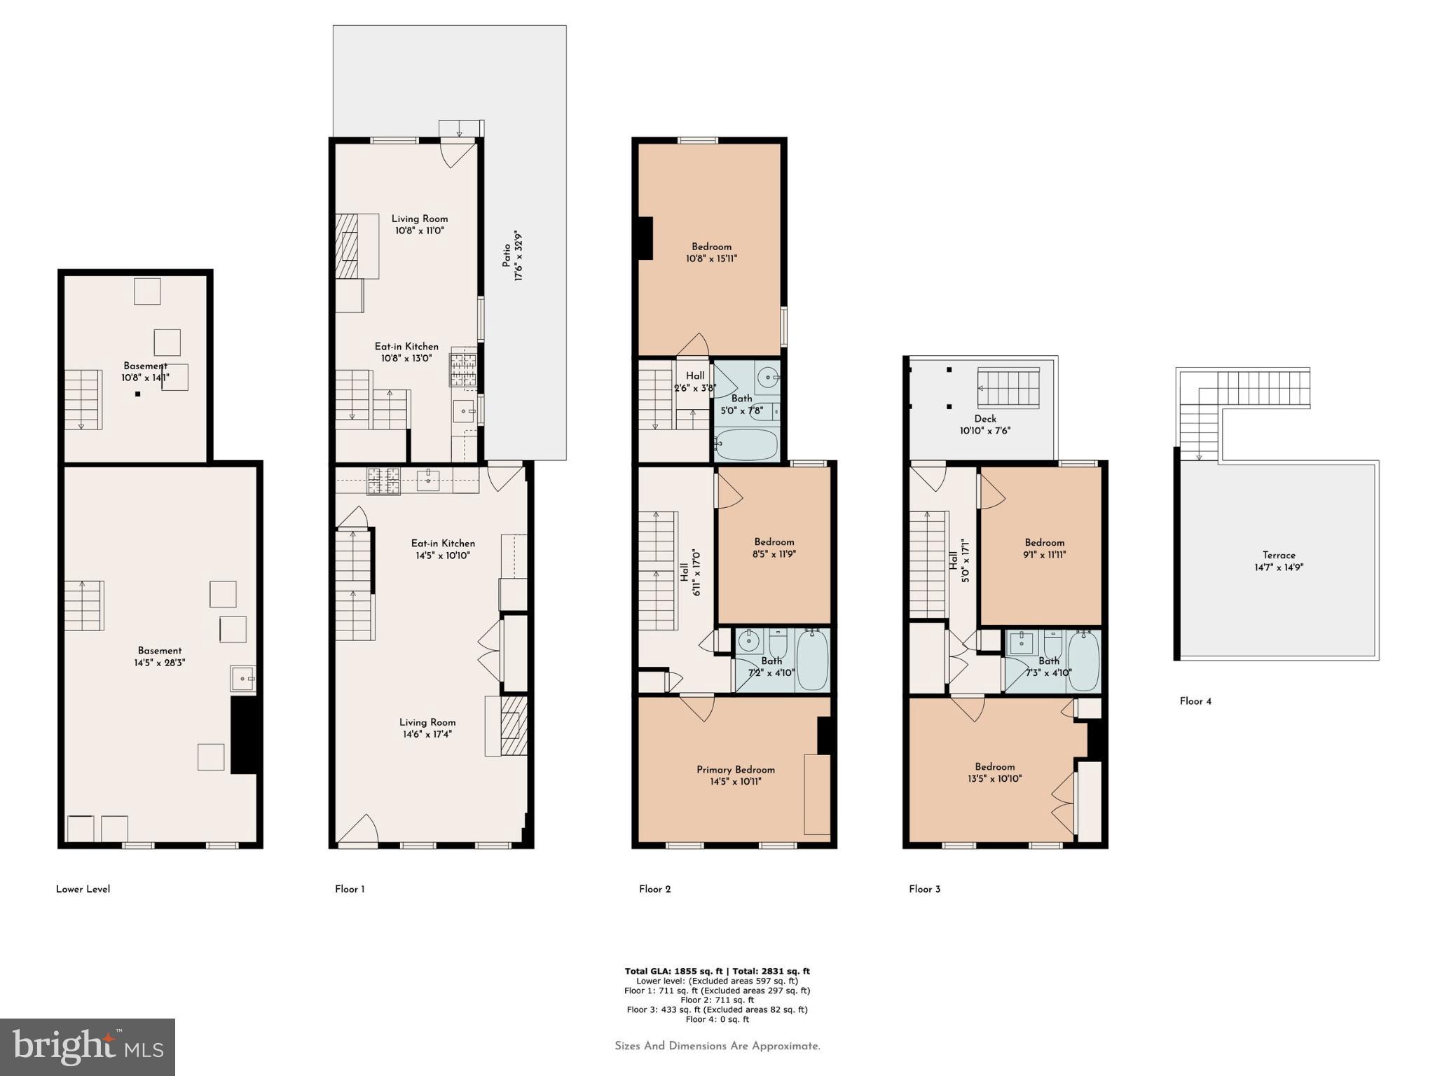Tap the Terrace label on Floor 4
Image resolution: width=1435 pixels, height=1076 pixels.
click(x=1279, y=555)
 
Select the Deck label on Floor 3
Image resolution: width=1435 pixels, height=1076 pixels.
click(x=984, y=419)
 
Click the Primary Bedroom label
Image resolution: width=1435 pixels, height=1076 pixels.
click(x=735, y=769)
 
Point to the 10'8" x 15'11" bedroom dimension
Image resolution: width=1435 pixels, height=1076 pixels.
click(x=711, y=258)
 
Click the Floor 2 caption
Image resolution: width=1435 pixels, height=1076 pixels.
click(x=654, y=889)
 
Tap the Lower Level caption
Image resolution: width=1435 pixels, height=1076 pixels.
click(x=83, y=889)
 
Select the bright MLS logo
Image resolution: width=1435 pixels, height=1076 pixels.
click(x=88, y=1047)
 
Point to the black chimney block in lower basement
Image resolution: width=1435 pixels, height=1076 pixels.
click(x=245, y=735)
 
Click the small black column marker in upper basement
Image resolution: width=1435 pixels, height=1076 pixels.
click(x=138, y=394)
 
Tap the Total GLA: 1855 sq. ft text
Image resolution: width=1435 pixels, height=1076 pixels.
click(x=673, y=971)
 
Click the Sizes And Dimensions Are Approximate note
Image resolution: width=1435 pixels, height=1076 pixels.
click(x=717, y=1046)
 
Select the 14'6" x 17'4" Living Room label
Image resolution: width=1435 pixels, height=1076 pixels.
click(x=427, y=728)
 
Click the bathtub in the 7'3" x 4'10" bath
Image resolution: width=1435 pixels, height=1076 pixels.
click(x=1083, y=661)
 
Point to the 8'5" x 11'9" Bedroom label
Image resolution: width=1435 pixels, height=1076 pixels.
click(x=774, y=547)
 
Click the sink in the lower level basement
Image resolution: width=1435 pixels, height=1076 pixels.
click(x=242, y=678)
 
